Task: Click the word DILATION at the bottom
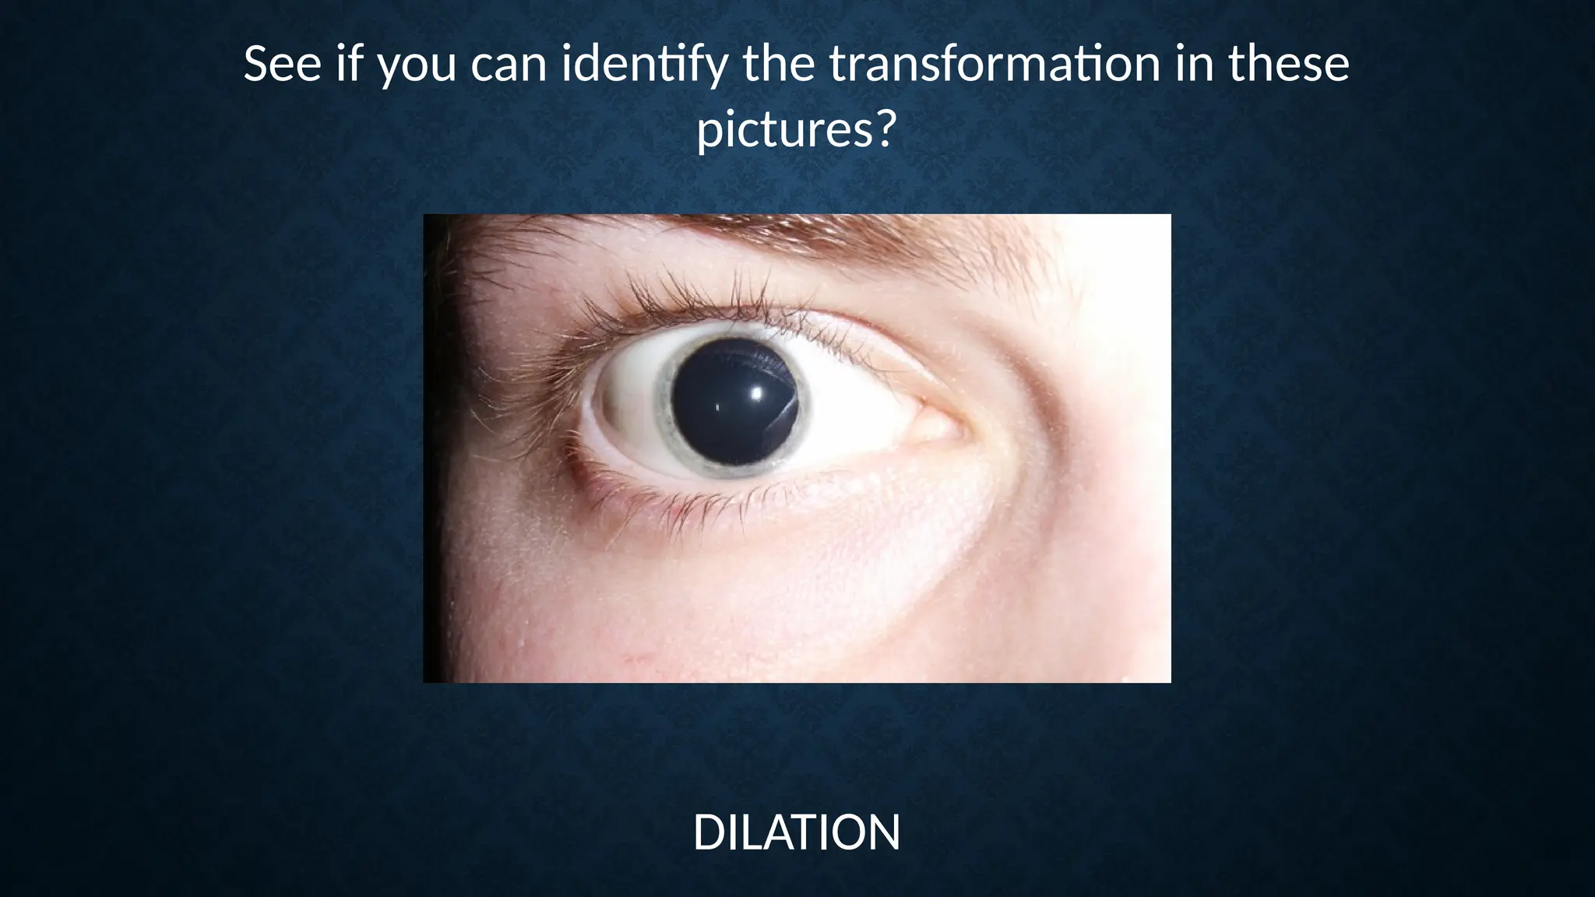796,832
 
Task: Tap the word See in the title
282,65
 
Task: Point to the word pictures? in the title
794,130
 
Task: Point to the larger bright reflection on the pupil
754,393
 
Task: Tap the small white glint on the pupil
717,407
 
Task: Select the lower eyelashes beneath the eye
678,506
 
